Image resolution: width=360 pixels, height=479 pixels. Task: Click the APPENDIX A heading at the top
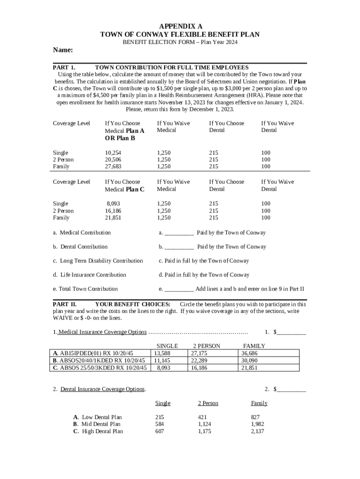coord(180,26)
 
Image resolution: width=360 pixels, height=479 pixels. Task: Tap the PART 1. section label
coord(65,68)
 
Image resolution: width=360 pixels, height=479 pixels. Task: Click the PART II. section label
coord(65,304)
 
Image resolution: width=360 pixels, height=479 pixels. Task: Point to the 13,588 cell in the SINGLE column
coord(162,354)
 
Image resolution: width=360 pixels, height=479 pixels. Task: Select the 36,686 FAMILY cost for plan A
coord(249,354)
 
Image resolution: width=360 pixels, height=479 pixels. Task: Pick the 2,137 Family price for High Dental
coord(258,431)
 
